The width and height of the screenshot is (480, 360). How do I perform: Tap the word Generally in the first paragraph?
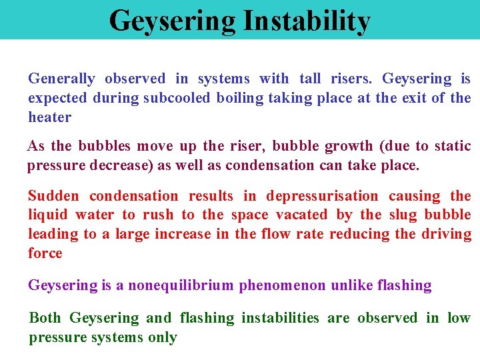pyautogui.click(x=61, y=79)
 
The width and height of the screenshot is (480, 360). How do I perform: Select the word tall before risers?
pyautogui.click(x=309, y=79)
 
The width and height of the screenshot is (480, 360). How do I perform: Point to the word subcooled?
pyautogui.click(x=177, y=98)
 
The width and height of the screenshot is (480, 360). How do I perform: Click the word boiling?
pyautogui.click(x=241, y=98)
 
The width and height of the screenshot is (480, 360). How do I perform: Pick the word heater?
pyautogui.click(x=49, y=117)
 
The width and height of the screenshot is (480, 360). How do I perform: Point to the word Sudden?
pyautogui.click(x=53, y=196)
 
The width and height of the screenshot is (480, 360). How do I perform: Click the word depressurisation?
pyautogui.click(x=322, y=196)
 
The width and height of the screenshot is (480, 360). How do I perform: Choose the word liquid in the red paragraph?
pyautogui.click(x=47, y=215)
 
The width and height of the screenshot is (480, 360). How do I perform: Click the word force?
pyautogui.click(x=45, y=253)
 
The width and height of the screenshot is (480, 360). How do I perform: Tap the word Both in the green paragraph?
pyautogui.click(x=45, y=318)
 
